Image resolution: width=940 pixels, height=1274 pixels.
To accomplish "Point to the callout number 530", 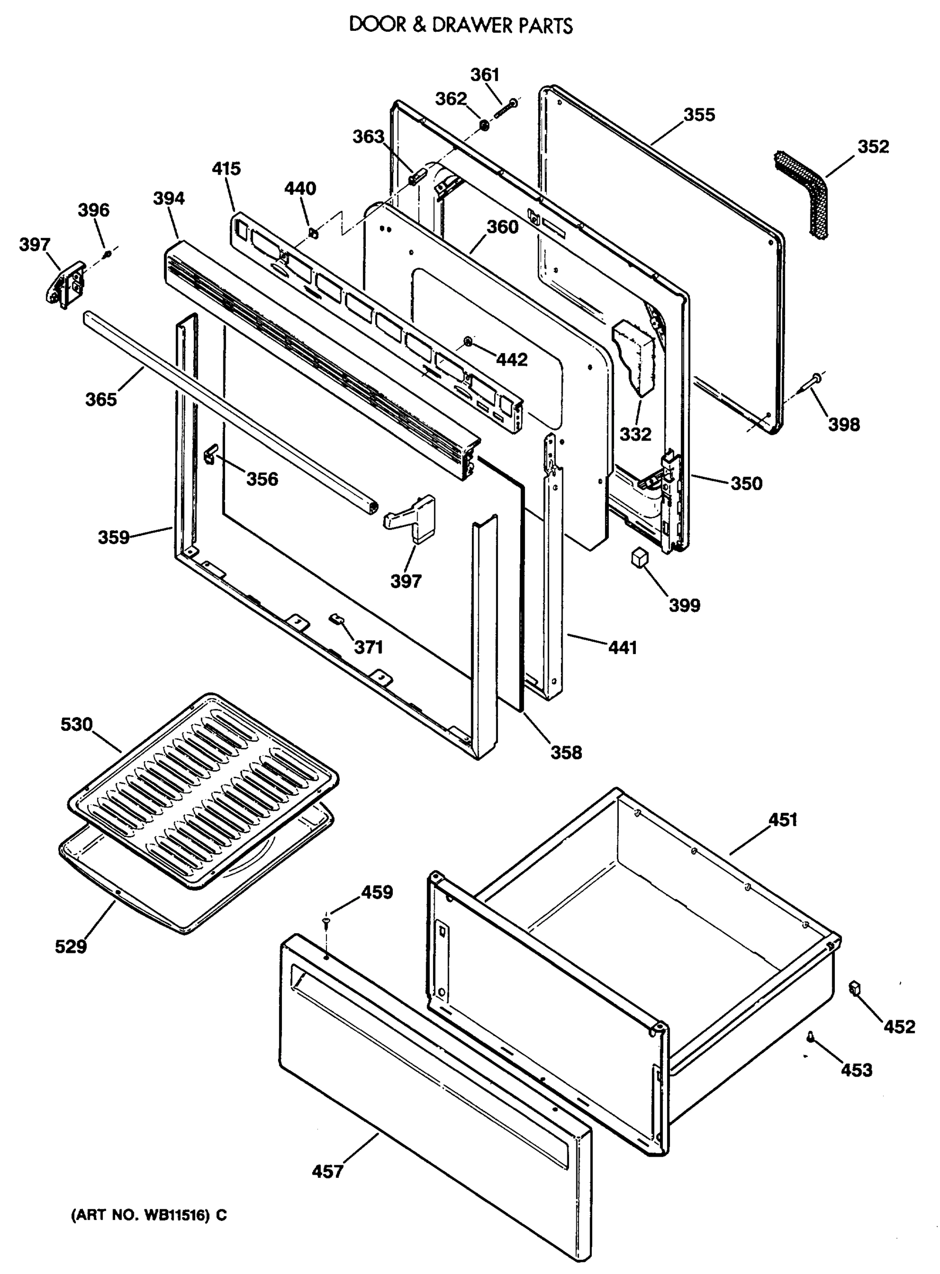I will point(76,725).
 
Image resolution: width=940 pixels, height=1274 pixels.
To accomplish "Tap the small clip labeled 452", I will point(853,988).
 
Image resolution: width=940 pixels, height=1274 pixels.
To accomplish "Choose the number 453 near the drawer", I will point(856,1070).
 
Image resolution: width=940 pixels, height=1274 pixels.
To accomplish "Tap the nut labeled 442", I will point(467,341).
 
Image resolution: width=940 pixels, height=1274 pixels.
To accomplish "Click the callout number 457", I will point(327,1172).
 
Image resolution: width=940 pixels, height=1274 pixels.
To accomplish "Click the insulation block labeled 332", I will point(634,357).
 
